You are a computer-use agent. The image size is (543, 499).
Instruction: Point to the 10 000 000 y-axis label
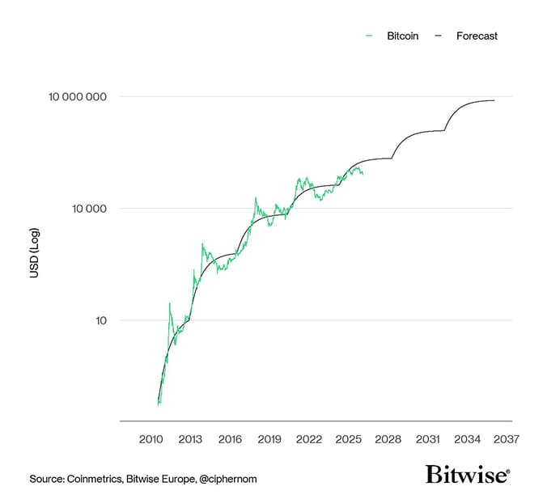(77, 97)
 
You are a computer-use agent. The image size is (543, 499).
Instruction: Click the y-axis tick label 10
(100, 320)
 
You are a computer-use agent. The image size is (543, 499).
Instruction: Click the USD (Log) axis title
(34, 254)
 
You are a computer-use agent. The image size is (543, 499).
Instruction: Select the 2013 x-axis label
(190, 439)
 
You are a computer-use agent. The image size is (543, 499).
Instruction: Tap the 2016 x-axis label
(230, 439)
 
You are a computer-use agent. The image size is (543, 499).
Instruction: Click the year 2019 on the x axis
(269, 439)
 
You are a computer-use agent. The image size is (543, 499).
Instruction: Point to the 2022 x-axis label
(308, 439)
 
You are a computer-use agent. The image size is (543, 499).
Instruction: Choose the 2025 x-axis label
(348, 439)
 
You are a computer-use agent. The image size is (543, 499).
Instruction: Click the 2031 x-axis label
(427, 439)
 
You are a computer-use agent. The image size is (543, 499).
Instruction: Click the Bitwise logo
(468, 475)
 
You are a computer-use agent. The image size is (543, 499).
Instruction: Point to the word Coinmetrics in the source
(94, 479)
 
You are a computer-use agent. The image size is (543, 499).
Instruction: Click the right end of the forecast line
(494, 100)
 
